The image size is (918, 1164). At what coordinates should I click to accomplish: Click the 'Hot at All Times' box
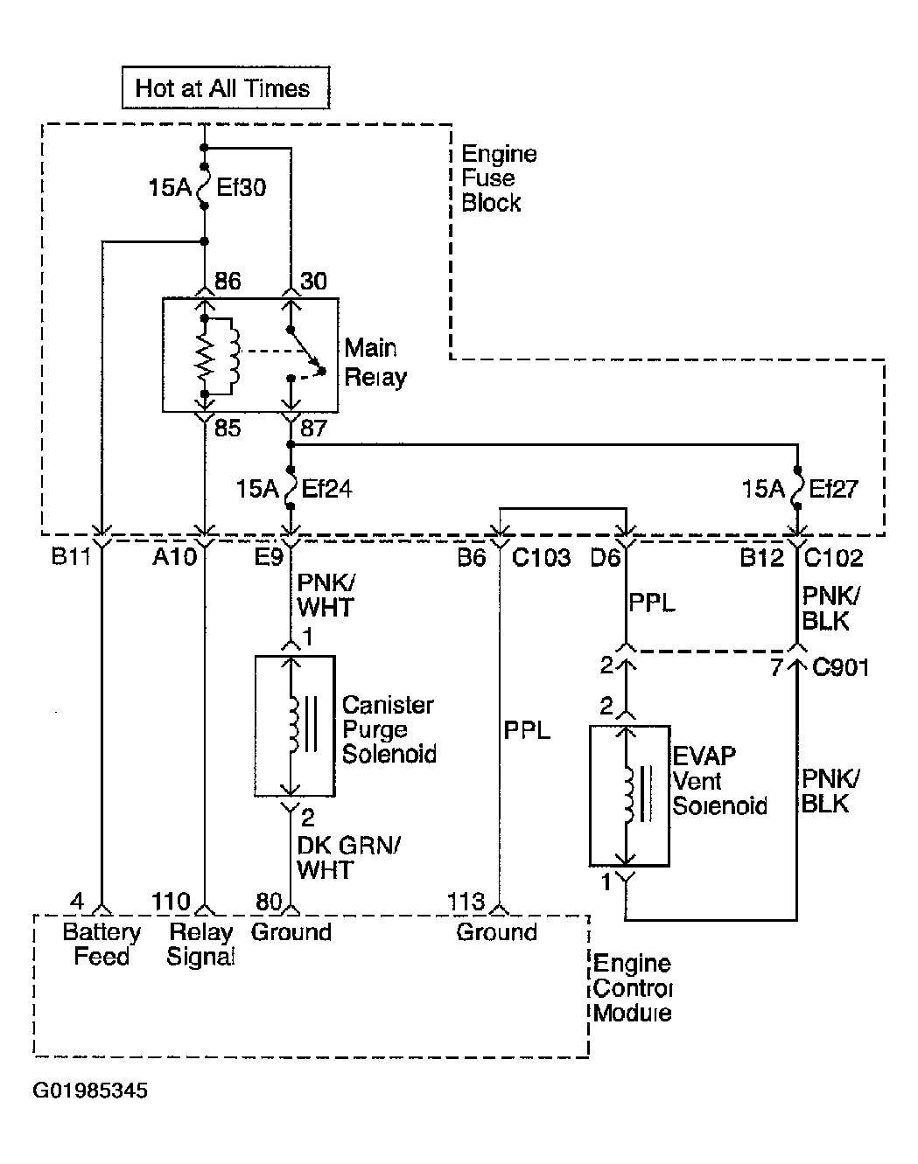click(226, 87)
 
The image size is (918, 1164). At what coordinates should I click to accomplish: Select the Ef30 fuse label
click(241, 188)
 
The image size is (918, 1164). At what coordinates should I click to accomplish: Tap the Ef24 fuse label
click(326, 489)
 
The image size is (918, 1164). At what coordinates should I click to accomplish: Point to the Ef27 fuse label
click(833, 489)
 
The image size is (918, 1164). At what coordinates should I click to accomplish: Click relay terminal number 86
click(228, 282)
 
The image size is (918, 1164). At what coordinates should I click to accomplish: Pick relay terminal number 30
click(313, 282)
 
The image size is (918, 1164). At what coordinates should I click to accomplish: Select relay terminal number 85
click(228, 429)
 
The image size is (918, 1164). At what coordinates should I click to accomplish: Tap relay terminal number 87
click(313, 429)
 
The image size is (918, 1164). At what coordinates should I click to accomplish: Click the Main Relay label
click(375, 362)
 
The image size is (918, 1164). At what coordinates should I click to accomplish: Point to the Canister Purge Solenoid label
click(389, 729)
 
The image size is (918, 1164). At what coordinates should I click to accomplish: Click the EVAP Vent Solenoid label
click(719, 781)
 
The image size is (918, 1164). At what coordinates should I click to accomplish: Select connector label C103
click(541, 558)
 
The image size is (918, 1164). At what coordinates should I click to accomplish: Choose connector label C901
click(841, 667)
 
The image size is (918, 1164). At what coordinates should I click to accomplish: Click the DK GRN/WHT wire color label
click(348, 858)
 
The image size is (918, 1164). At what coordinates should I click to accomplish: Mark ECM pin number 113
click(466, 902)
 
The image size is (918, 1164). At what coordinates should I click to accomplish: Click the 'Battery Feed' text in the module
click(102, 944)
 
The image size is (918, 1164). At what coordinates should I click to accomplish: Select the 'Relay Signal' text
click(200, 944)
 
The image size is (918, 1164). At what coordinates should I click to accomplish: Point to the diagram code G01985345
click(90, 1091)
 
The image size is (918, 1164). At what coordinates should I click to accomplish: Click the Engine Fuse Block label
click(499, 178)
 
